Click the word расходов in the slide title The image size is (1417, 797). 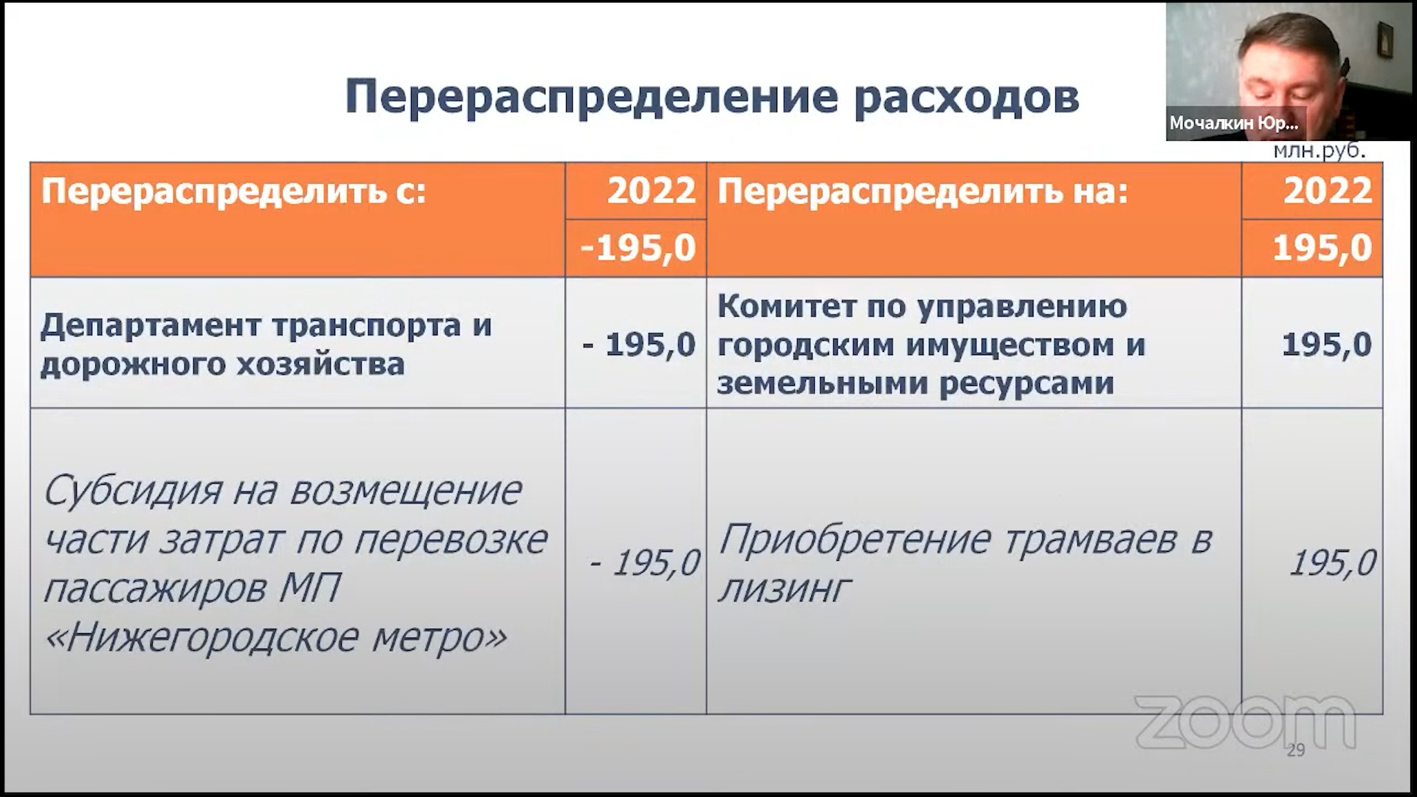click(x=967, y=97)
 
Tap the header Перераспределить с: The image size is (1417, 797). click(x=233, y=193)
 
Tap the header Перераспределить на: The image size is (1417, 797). click(x=923, y=193)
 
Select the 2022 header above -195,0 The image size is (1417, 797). click(x=652, y=191)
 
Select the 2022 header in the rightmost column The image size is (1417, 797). click(x=1328, y=191)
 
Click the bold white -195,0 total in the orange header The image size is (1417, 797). click(x=638, y=248)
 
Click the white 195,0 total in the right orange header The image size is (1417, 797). click(x=1323, y=248)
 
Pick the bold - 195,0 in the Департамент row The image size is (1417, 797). click(x=639, y=345)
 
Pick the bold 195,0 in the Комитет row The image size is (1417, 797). click(x=1327, y=345)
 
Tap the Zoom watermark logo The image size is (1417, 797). click(x=1245, y=722)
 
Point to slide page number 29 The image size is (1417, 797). click(x=1296, y=750)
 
